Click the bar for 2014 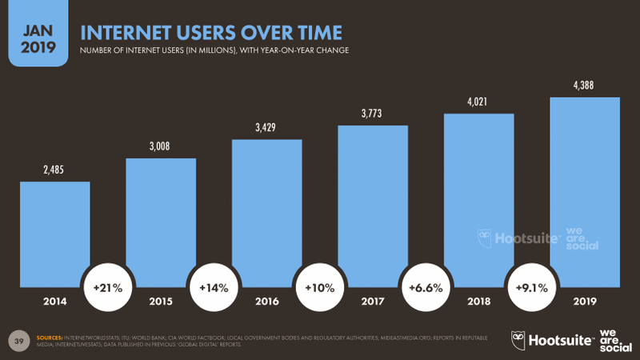point(54,232)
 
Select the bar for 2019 point(585,192)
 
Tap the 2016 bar point(266,212)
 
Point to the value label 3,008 point(161,146)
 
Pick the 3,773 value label point(373,113)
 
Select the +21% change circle point(108,286)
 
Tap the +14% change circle point(214,286)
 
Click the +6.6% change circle point(426,286)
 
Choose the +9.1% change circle point(532,286)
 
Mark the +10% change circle point(320,286)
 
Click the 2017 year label point(373,302)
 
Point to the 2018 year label point(478,302)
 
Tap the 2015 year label point(161,302)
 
